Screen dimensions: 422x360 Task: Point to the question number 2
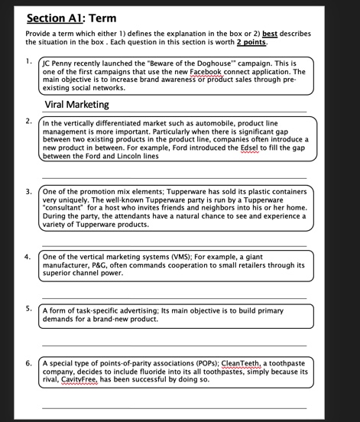tap(28, 122)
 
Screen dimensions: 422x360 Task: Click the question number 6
tap(28, 359)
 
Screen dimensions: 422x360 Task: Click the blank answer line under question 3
tap(175, 244)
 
